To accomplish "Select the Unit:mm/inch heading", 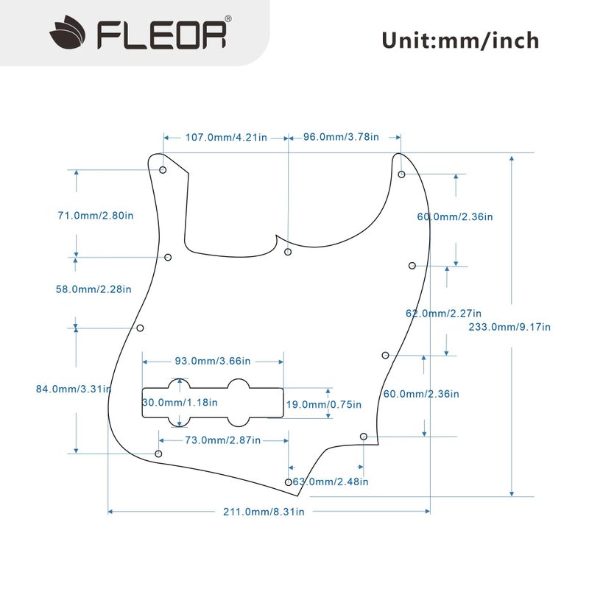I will (x=460, y=40).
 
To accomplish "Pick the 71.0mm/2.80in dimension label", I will (x=96, y=216).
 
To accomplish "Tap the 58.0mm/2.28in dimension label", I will (x=94, y=289).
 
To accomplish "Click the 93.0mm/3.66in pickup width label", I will (x=213, y=361).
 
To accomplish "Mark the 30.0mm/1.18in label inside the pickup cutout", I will (x=180, y=403).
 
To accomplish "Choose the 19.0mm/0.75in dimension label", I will (x=323, y=404).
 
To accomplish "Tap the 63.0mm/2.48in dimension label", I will (x=331, y=482).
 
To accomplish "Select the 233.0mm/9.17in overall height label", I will (x=509, y=327).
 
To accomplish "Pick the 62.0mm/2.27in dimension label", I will (x=443, y=312).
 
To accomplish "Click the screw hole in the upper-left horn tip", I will (x=163, y=170).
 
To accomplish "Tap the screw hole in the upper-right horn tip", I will (x=401, y=174).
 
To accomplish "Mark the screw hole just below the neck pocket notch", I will (x=288, y=252).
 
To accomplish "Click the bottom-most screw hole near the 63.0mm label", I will (x=288, y=482).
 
